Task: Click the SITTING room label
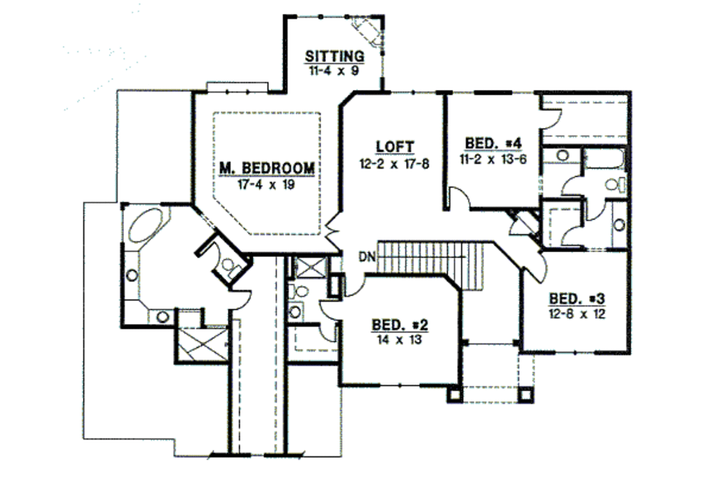[334, 56]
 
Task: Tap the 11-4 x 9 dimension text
[334, 70]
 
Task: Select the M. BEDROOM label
[267, 169]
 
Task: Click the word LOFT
[395, 147]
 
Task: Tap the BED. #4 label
[493, 144]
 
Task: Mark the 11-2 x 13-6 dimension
[493, 158]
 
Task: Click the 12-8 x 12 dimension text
[577, 313]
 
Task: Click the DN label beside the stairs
[368, 256]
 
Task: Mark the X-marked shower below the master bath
[201, 344]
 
